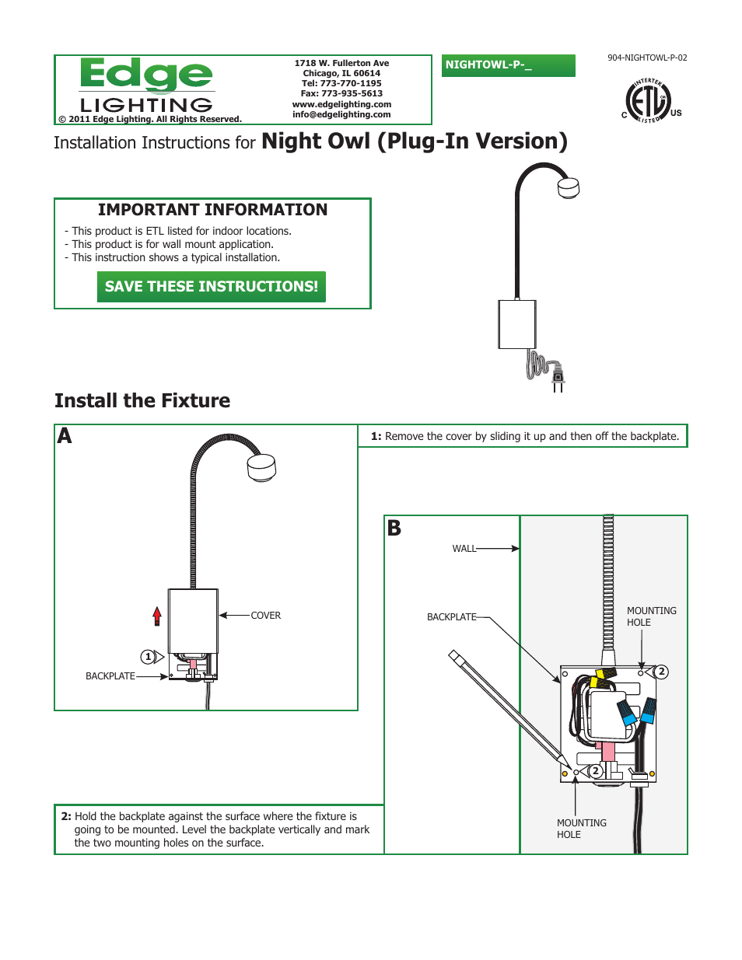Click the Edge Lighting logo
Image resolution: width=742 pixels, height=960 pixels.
pyautogui.click(x=146, y=86)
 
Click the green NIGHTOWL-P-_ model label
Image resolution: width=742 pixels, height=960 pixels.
pyautogui.click(x=508, y=65)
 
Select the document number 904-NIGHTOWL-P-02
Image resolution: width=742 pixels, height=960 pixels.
pyautogui.click(x=647, y=58)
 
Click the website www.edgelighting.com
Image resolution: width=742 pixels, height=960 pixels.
pyautogui.click(x=341, y=104)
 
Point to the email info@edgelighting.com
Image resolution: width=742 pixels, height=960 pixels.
pyautogui.click(x=341, y=114)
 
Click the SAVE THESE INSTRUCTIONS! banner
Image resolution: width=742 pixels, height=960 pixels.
pyautogui.click(x=211, y=286)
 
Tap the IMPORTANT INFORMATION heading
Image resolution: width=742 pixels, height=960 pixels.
pyautogui.click(x=212, y=210)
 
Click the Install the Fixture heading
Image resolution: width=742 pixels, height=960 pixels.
pyautogui.click(x=142, y=400)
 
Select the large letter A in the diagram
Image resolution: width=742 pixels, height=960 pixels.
pyautogui.click(x=65, y=436)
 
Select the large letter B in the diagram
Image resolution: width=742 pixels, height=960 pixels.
pyautogui.click(x=394, y=529)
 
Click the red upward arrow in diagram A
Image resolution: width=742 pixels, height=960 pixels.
pyautogui.click(x=157, y=616)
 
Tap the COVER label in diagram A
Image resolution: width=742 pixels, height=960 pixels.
pyautogui.click(x=265, y=616)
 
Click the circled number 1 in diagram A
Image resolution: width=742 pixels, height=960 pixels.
pyautogui.click(x=149, y=657)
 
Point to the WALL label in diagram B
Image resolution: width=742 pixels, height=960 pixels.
pyautogui.click(x=464, y=549)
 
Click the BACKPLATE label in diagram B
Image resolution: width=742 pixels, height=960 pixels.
pyautogui.click(x=451, y=617)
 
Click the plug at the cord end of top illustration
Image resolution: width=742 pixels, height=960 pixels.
pyautogui.click(x=557, y=378)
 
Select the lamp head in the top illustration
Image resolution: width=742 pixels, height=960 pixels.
pyautogui.click(x=569, y=187)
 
